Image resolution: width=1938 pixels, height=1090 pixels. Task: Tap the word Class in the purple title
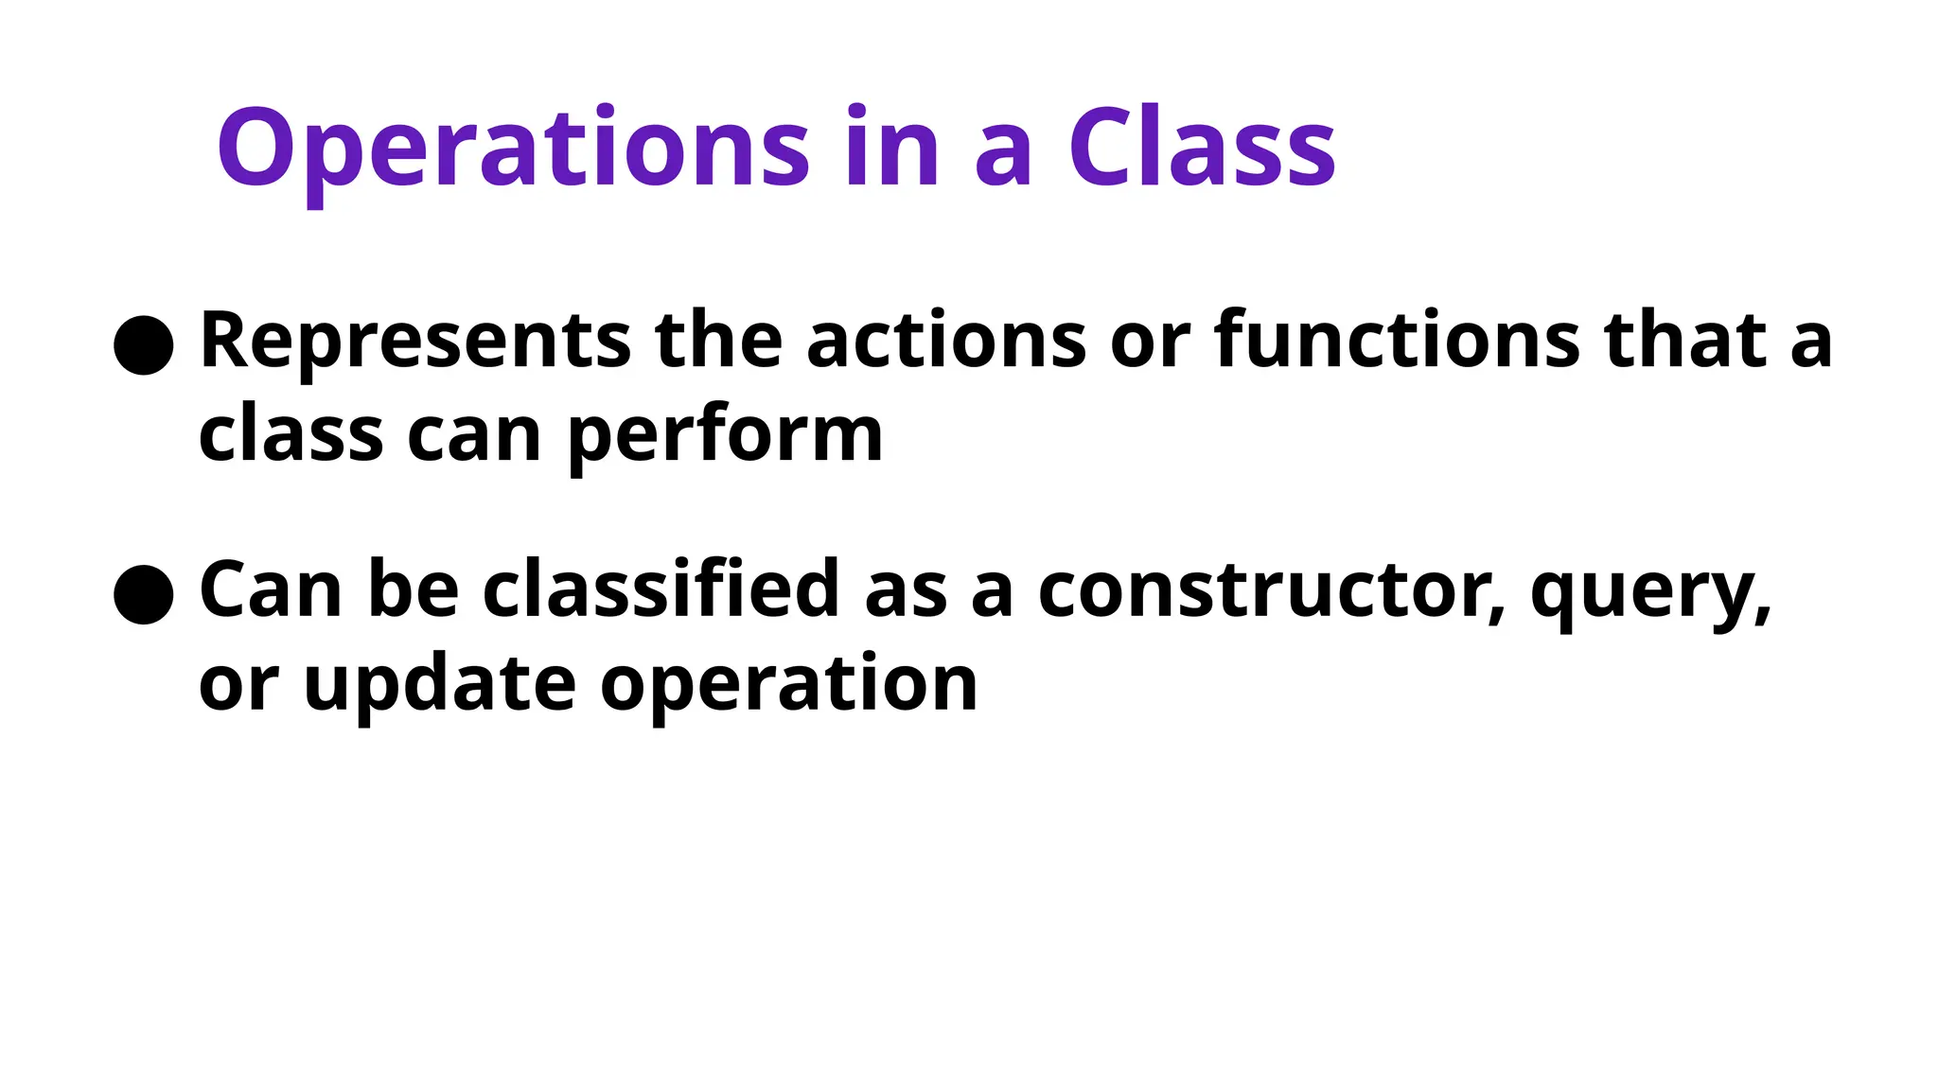[x=1202, y=149]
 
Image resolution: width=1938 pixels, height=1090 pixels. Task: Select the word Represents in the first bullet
[x=414, y=341]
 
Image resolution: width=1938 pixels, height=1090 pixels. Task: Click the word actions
[x=945, y=341]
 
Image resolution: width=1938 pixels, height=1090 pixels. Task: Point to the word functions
[x=1397, y=341]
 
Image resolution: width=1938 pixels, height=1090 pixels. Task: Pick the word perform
[x=725, y=437]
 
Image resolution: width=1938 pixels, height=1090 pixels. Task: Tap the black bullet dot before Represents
[x=143, y=345]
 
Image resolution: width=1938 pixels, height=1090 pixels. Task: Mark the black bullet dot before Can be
[x=143, y=595]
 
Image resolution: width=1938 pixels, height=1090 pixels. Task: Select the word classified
[x=661, y=590]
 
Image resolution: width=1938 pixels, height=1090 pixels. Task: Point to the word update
[x=439, y=685]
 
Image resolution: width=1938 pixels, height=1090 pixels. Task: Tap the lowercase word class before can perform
[x=291, y=437]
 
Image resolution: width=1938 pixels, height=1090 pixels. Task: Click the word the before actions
[x=718, y=341]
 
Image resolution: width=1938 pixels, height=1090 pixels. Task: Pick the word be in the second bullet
[x=413, y=590]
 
